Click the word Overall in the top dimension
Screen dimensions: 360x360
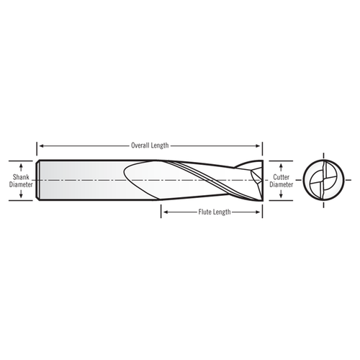[x=140, y=145]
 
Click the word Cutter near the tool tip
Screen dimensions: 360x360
[x=280, y=175]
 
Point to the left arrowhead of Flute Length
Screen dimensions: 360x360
[x=163, y=212]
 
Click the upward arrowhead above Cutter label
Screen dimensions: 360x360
[x=280, y=162]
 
